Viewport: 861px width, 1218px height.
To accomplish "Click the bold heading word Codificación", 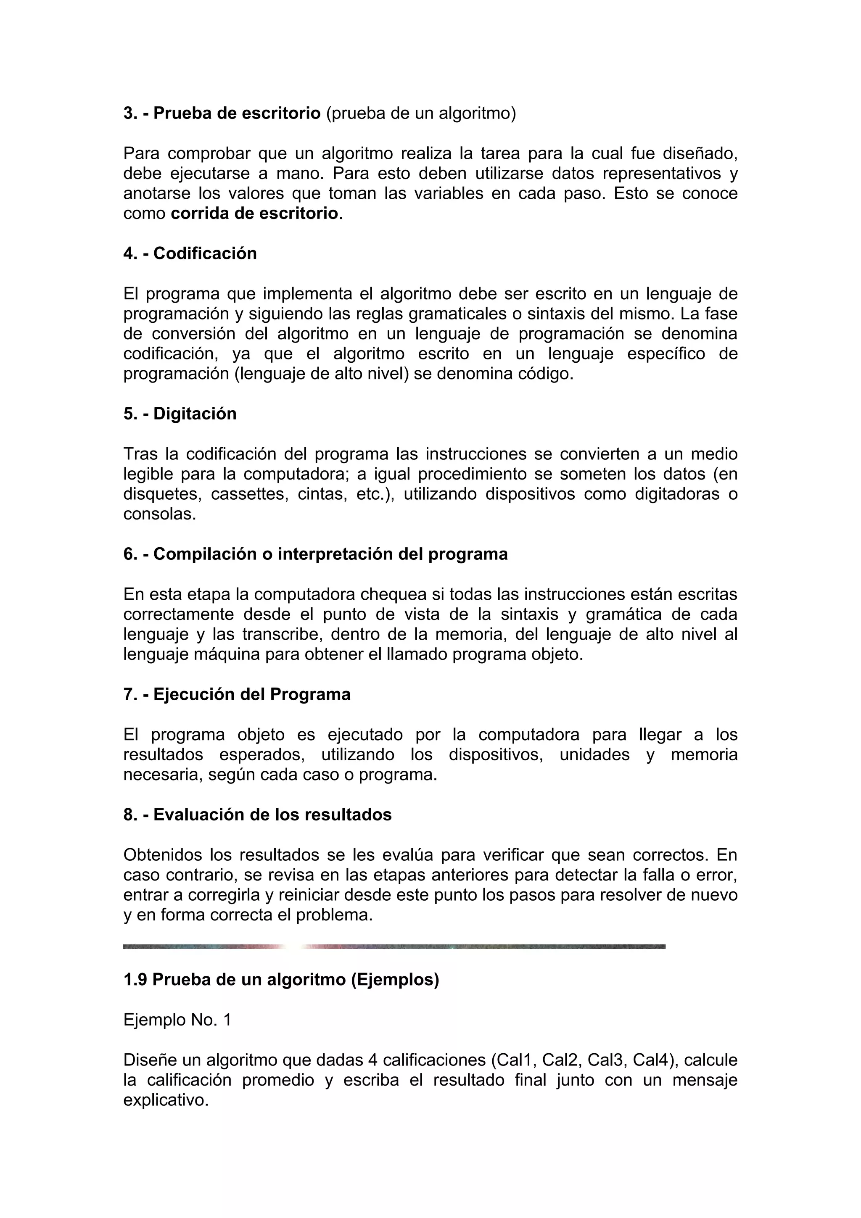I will point(205,253).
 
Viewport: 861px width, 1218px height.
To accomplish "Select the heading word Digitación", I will point(195,414).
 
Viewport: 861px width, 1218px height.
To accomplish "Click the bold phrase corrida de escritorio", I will point(255,213).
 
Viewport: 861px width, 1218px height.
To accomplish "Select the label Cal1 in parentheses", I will point(510,1060).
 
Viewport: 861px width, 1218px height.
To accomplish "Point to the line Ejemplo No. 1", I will point(177,1020).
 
